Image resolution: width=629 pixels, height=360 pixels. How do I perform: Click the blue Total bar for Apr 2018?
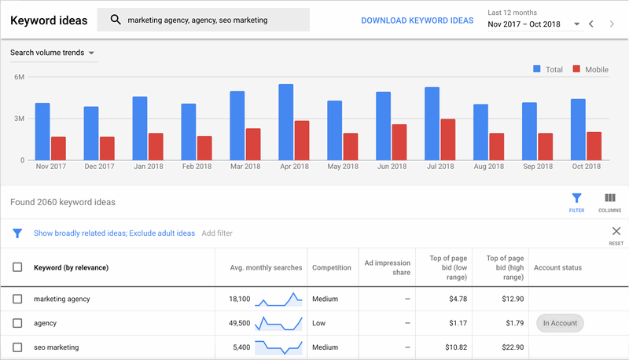(x=285, y=123)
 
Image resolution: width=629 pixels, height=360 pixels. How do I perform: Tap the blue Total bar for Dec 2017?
(x=91, y=134)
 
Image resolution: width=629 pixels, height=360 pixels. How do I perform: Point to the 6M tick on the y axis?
(x=19, y=77)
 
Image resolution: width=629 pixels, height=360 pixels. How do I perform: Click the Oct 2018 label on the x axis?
(x=586, y=167)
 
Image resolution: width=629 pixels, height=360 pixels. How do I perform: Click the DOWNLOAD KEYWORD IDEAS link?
(x=417, y=20)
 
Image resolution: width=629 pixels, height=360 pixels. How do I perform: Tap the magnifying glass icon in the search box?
(x=116, y=20)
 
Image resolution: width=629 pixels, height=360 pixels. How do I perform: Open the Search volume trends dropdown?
(x=53, y=53)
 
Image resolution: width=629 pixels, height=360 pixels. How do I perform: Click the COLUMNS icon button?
(x=609, y=202)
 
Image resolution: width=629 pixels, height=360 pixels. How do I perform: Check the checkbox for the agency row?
(x=17, y=323)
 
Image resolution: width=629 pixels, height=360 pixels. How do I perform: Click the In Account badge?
(x=558, y=323)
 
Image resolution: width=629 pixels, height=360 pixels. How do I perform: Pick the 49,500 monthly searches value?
(x=239, y=323)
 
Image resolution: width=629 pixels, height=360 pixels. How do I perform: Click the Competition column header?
(x=331, y=267)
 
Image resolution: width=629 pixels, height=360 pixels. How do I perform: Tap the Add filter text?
(x=217, y=233)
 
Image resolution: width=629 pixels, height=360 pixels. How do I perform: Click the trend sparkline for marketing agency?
(x=279, y=299)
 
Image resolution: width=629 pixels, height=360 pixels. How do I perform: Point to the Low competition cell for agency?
(x=320, y=323)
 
